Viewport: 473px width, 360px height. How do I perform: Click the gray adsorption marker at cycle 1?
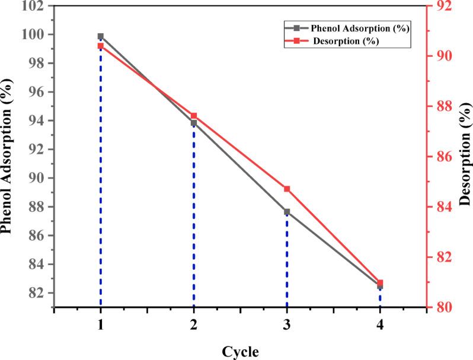tap(101, 36)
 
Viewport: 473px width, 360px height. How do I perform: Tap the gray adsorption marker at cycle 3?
tap(287, 212)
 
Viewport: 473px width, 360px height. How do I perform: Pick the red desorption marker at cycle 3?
tap(287, 189)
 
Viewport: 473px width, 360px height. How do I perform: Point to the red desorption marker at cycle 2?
tap(194, 116)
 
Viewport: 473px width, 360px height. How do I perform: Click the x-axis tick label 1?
tap(101, 324)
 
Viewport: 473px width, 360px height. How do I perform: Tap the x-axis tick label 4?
tap(380, 324)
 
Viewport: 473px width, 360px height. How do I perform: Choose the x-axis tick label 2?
tap(194, 324)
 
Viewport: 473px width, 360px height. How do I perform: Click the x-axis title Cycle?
tap(240, 352)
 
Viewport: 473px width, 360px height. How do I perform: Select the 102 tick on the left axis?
tap(34, 7)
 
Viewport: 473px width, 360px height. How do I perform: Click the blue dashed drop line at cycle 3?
tap(287, 261)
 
